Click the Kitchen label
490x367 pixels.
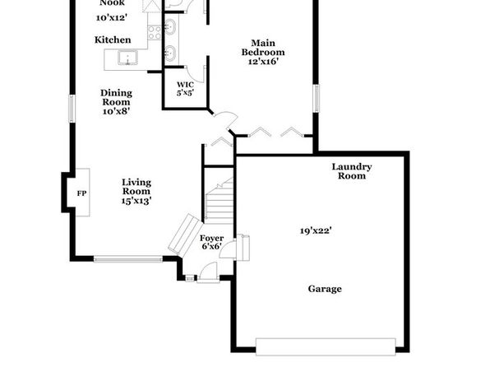(x=113, y=39)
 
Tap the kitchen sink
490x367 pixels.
(x=127, y=58)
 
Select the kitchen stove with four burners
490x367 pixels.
(x=155, y=33)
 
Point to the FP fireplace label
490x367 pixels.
(x=81, y=193)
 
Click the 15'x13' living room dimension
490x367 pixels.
(x=136, y=201)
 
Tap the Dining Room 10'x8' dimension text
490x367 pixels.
(x=116, y=111)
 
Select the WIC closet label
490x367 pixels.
(x=185, y=85)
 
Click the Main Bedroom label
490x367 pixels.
(x=263, y=47)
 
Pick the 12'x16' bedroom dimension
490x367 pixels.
(x=263, y=62)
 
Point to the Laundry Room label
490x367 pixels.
(x=352, y=171)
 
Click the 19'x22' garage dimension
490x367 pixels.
(x=316, y=231)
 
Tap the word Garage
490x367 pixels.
(x=325, y=289)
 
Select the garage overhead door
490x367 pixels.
(x=326, y=346)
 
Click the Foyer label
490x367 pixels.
(x=211, y=238)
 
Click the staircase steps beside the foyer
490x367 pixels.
(x=220, y=201)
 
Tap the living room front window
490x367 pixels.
(x=128, y=258)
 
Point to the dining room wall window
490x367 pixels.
(x=72, y=109)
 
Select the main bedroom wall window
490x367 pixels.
(x=316, y=98)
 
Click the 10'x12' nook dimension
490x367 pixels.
(x=112, y=18)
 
